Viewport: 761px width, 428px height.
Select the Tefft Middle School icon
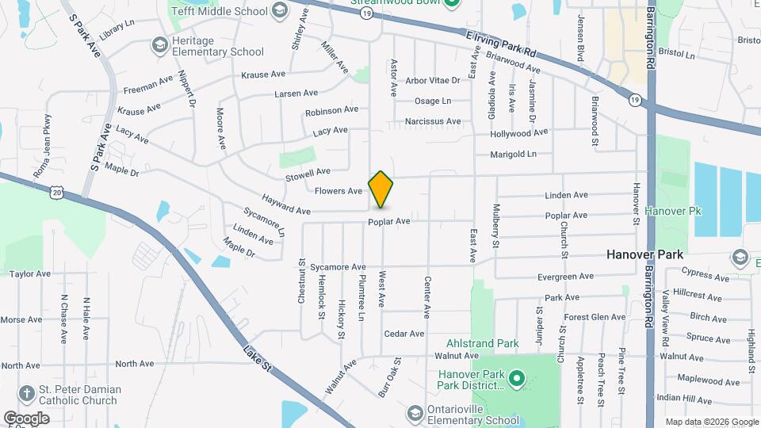[279, 10]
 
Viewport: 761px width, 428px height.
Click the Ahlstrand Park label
[482, 343]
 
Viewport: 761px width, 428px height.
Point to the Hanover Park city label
[644, 254]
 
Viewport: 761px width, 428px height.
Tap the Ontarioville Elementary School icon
[415, 413]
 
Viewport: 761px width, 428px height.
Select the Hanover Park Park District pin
[517, 379]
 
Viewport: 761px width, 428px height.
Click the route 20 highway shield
[55, 192]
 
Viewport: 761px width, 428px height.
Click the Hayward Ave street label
[287, 205]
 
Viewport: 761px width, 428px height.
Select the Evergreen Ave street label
[564, 277]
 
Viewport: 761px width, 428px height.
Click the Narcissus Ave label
[432, 121]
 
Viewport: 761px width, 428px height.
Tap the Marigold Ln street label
[513, 154]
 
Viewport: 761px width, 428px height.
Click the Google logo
[26, 418]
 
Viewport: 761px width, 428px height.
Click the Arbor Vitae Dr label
[432, 80]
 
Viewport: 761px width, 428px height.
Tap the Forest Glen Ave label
[595, 317]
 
